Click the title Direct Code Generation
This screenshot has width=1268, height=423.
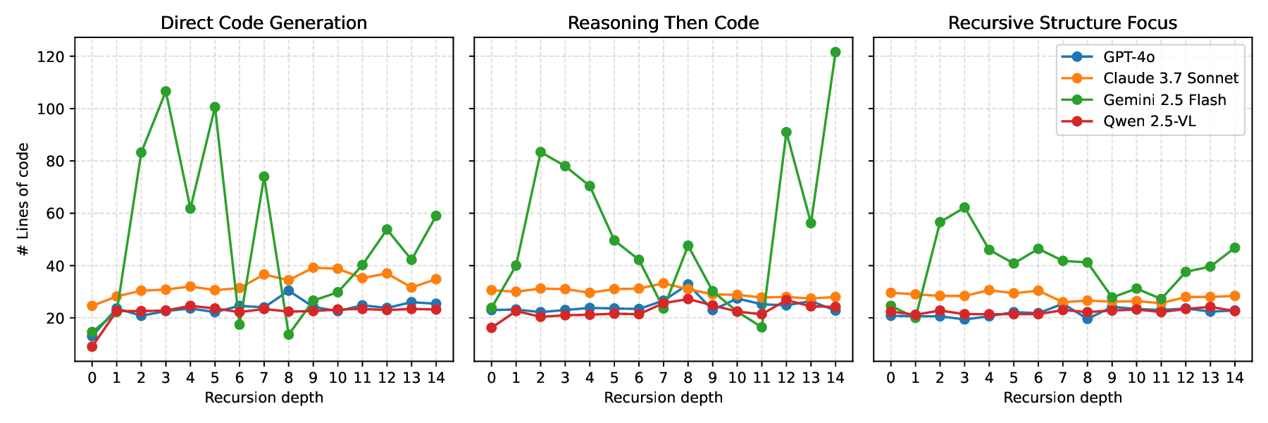(263, 23)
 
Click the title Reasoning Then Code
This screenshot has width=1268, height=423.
(663, 23)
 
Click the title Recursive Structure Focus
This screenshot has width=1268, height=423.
(1062, 23)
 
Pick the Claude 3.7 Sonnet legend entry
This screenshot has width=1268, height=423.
(1170, 78)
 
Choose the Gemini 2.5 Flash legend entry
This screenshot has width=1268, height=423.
(1164, 100)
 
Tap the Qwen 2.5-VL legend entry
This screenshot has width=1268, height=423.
(1149, 121)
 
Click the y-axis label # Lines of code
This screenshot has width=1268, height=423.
(23, 200)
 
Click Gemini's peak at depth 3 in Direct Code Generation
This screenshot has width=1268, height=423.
(166, 92)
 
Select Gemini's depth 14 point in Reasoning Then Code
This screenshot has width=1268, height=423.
(835, 52)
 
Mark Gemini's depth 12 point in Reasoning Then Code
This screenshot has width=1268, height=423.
(786, 132)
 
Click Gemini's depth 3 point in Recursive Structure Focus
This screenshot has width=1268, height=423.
(964, 207)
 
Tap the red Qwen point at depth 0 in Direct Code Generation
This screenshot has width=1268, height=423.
(92, 346)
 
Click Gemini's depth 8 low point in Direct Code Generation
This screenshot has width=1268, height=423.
(288, 334)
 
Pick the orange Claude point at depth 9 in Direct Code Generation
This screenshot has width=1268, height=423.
(313, 267)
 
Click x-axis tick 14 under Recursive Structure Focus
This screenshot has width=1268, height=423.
(1234, 378)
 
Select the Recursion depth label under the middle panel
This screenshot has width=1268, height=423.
(663, 398)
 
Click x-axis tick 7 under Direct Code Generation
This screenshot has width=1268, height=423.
(263, 378)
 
